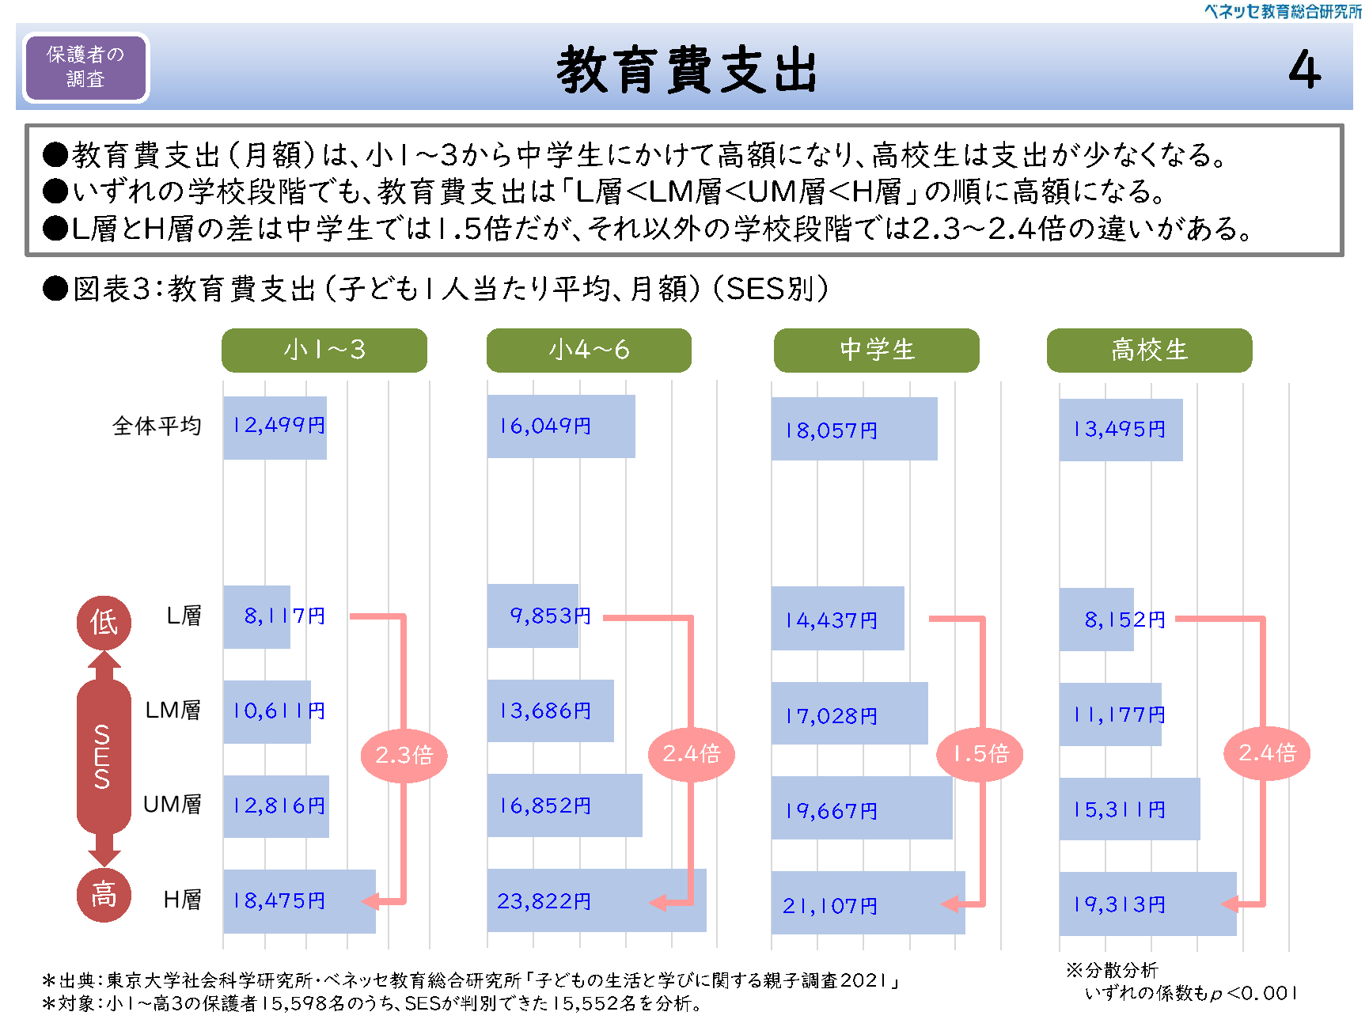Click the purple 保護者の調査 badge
(x=85, y=67)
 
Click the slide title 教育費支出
(x=686, y=70)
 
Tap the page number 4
(x=1304, y=70)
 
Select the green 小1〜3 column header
(x=324, y=350)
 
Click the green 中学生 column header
(x=876, y=350)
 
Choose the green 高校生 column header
(x=1149, y=350)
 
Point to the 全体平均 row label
(x=157, y=426)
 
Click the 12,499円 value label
(x=279, y=426)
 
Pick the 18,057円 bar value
(x=831, y=430)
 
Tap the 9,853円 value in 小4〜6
(x=550, y=616)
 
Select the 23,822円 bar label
(x=544, y=901)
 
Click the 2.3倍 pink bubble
(x=404, y=755)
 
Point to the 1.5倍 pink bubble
(x=980, y=753)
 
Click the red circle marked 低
(x=104, y=622)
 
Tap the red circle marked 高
(x=104, y=895)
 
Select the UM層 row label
(x=172, y=805)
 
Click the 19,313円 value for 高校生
(x=1119, y=904)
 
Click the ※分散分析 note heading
(x=1111, y=970)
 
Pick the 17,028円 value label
(x=831, y=716)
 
